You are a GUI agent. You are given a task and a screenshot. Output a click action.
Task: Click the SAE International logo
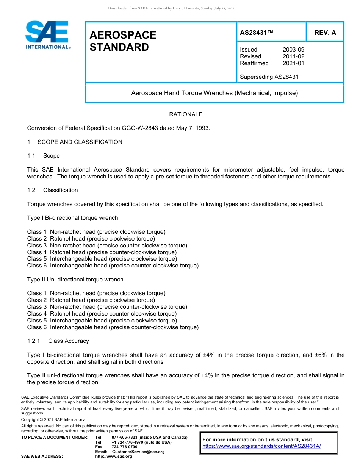click(47, 35)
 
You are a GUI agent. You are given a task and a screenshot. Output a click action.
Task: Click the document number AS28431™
click(256, 33)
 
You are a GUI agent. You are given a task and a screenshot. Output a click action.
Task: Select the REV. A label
click(325, 33)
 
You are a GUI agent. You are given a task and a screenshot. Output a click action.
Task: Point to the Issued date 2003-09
click(293, 50)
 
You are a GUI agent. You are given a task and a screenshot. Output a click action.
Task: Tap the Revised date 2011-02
click(293, 56)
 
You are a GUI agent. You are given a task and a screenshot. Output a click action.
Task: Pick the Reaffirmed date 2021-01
click(293, 63)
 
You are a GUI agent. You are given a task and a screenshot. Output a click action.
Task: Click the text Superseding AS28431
click(269, 77)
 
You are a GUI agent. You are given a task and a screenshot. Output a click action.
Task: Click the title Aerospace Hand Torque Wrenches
click(214, 93)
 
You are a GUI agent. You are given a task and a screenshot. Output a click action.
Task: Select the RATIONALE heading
click(186, 114)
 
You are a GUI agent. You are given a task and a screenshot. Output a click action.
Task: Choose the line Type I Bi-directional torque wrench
click(72, 218)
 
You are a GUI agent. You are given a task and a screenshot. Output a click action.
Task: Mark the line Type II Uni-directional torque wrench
click(75, 280)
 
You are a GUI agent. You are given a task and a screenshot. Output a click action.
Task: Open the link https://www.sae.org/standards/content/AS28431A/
click(261, 446)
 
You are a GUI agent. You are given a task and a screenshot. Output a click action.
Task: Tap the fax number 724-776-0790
click(124, 447)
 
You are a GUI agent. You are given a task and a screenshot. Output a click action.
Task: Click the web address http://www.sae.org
click(114, 457)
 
